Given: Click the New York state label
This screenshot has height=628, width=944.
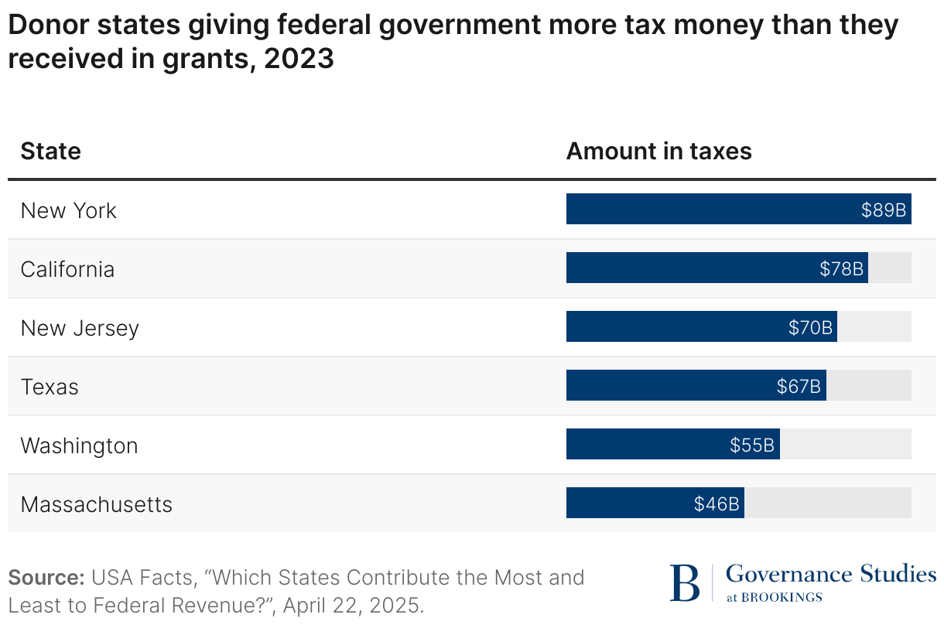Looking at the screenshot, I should pyautogui.click(x=69, y=210).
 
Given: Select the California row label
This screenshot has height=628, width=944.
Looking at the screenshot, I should pyautogui.click(x=67, y=269).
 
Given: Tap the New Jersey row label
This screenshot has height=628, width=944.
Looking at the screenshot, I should pyautogui.click(x=80, y=328).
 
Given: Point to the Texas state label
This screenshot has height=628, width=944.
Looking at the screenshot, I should pyautogui.click(x=50, y=387).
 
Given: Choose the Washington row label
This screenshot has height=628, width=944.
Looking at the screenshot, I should pyautogui.click(x=79, y=445).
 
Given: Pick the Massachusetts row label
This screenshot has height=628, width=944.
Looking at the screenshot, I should pyautogui.click(x=97, y=504).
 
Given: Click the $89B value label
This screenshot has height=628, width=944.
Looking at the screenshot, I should pyautogui.click(x=884, y=210).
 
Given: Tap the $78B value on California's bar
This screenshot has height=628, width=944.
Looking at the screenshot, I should pyautogui.click(x=841, y=269).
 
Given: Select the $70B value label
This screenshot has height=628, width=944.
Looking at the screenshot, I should pyautogui.click(x=810, y=328).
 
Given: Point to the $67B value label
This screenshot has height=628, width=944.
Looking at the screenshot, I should pyautogui.click(x=799, y=387).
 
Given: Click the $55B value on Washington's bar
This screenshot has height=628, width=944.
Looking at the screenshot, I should pyautogui.click(x=752, y=445).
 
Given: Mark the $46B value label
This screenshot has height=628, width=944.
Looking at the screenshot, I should pyautogui.click(x=717, y=504).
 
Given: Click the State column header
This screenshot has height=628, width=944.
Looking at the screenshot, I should pyautogui.click(x=51, y=151).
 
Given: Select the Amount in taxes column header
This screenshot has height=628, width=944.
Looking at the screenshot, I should pyautogui.click(x=659, y=151).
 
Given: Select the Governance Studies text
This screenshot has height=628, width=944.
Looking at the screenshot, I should pyautogui.click(x=831, y=574).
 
